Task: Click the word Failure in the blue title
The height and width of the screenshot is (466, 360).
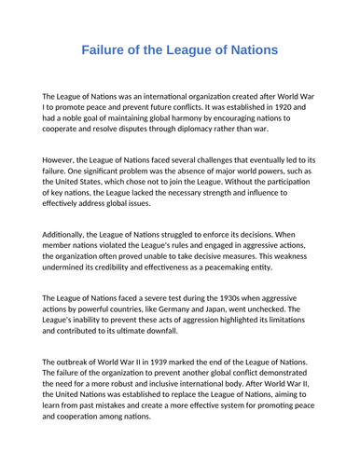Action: click(x=104, y=48)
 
